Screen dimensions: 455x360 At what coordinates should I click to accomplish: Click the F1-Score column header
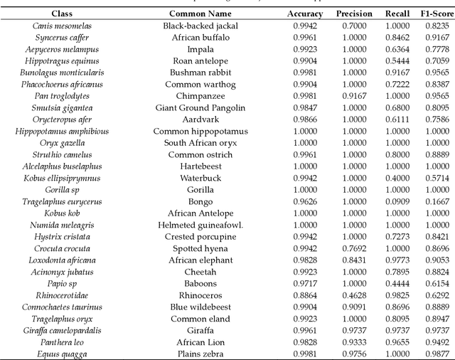coord(432,14)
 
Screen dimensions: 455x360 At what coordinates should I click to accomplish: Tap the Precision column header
coord(353,14)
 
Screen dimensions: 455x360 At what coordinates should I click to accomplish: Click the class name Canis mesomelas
coord(62,26)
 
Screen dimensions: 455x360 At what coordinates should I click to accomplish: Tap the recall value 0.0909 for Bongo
coord(397,201)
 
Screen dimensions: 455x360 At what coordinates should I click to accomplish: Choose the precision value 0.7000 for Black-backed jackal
coord(353,26)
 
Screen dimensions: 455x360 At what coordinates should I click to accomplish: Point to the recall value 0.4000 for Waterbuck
coord(397,178)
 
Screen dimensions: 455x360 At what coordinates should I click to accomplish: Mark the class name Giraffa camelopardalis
coord(62,330)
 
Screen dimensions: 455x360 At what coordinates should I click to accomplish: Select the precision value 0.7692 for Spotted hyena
coord(353,248)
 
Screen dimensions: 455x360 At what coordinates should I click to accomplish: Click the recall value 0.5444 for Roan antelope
coord(397,61)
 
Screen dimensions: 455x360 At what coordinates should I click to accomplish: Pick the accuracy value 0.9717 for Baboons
coord(304,283)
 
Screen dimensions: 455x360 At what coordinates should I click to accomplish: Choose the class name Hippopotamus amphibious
coord(62,131)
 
